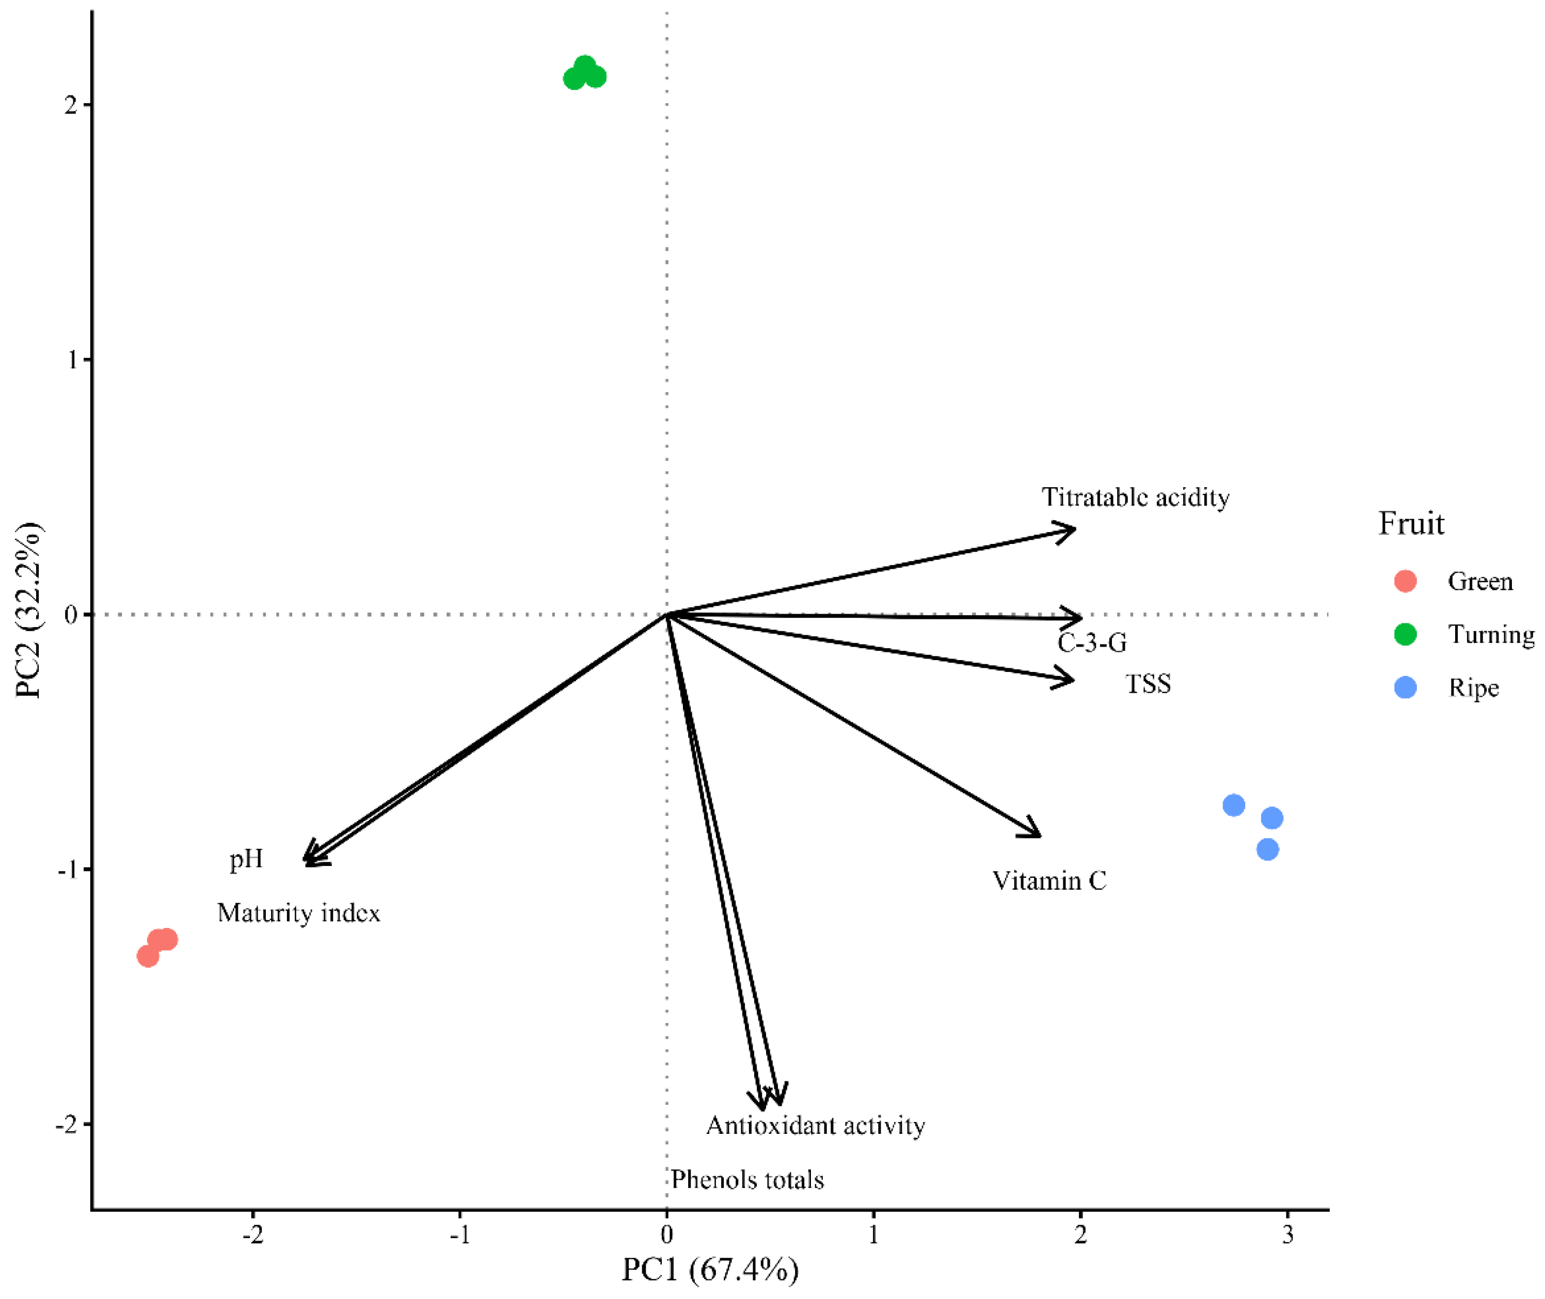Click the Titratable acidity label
coord(1135,498)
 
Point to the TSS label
coord(1148,684)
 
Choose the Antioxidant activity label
coord(815,1125)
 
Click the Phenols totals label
coord(747,1180)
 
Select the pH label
coord(245,859)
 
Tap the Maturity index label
coord(298,913)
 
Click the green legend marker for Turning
coord(1405,634)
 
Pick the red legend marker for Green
coord(1405,581)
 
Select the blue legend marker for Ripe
coord(1405,688)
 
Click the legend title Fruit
coord(1410,524)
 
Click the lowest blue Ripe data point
coord(1267,849)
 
